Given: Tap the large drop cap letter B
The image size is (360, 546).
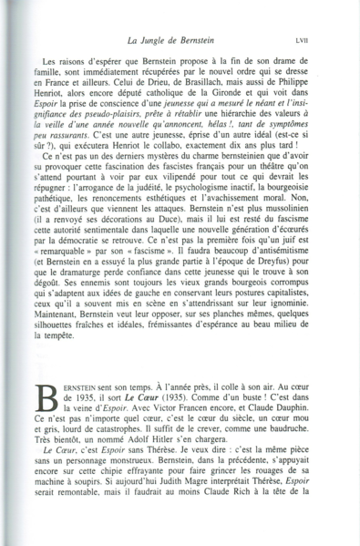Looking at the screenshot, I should [45, 401].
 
